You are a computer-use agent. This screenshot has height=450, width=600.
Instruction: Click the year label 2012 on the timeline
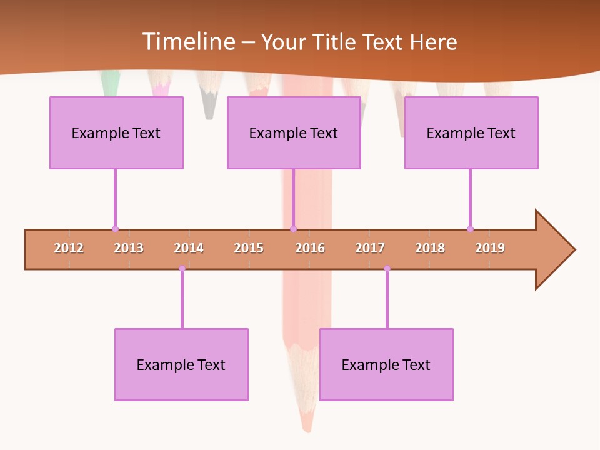tap(69, 248)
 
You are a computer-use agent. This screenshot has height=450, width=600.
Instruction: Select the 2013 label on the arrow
tap(129, 248)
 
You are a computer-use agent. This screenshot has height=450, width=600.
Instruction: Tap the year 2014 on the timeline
tap(189, 248)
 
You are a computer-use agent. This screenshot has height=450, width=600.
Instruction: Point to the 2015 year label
tap(249, 248)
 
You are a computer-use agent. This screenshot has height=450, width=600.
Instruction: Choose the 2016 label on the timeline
tap(310, 248)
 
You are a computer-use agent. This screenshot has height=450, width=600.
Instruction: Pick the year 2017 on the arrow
tap(370, 248)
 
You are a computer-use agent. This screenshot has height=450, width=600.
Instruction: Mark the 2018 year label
tap(430, 248)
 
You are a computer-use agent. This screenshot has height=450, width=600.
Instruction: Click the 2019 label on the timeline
tap(490, 248)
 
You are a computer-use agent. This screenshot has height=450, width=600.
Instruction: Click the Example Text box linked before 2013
tap(116, 132)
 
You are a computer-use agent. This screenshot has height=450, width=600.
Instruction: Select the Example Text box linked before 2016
tap(294, 132)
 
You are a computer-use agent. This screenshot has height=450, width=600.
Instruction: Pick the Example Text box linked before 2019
tap(471, 132)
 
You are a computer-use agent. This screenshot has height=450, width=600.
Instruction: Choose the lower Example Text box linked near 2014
tap(181, 364)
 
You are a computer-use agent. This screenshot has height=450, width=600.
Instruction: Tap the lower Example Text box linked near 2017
tap(386, 364)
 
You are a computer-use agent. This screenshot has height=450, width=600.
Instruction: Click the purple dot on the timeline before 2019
tap(470, 229)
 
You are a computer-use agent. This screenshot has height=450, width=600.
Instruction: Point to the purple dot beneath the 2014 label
tap(182, 269)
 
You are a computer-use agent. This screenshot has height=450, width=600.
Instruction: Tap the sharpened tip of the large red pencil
tap(307, 425)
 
